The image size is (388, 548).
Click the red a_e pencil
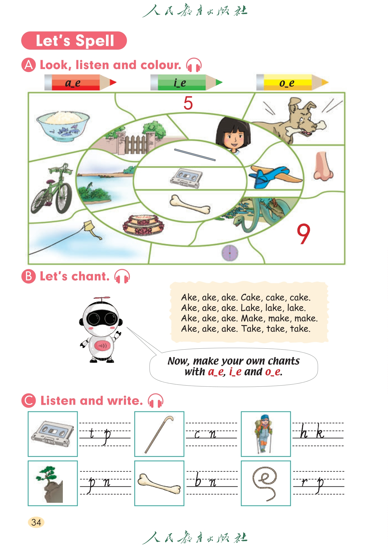80,82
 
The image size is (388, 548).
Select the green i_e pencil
186,82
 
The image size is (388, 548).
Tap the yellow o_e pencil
292,82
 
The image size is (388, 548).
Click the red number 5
188,103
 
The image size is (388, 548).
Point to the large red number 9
303,234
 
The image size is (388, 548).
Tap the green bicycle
52,189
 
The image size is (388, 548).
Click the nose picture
323,166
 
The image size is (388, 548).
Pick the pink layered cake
143,224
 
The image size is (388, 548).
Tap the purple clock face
230,253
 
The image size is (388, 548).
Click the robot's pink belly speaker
102,345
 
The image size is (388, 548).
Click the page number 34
36,522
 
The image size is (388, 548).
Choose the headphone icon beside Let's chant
122,276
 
